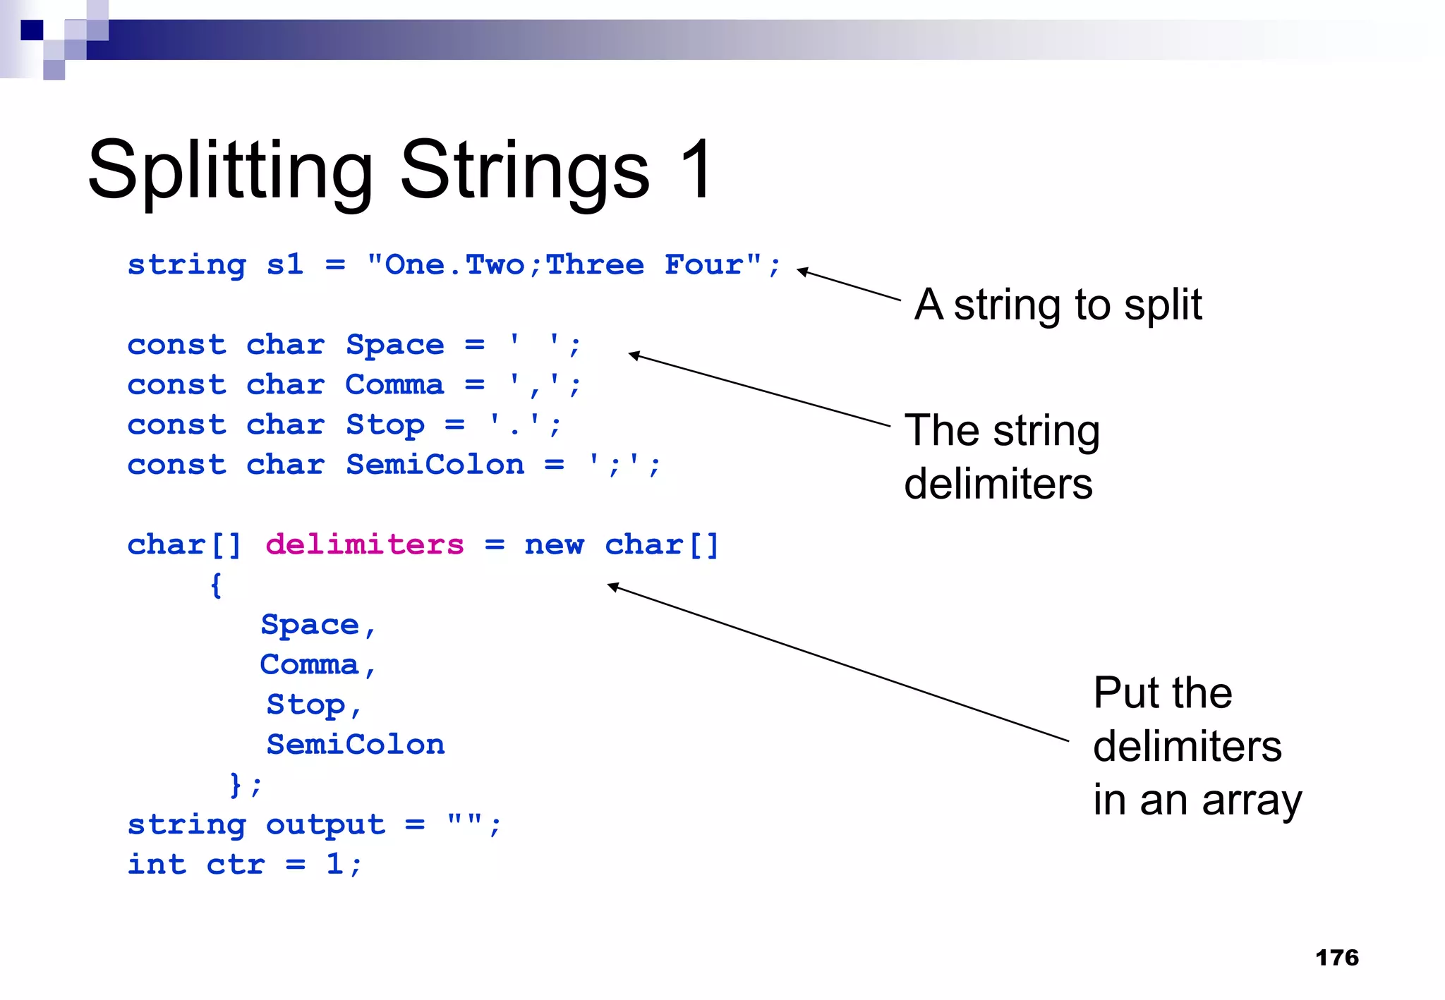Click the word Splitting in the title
pyautogui.click(x=230, y=171)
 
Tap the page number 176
pyautogui.click(x=1336, y=957)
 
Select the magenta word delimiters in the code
pyautogui.click(x=364, y=544)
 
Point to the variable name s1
pyautogui.click(x=284, y=264)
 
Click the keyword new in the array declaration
pyautogui.click(x=554, y=544)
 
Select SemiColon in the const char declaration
pyautogui.click(x=435, y=465)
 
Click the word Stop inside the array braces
pyautogui.click(x=306, y=704)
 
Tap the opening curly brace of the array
pyautogui.click(x=216, y=585)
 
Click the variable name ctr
pyautogui.click(x=236, y=864)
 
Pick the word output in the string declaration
pyautogui.click(x=325, y=824)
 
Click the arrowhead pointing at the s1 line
pyautogui.click(x=802, y=271)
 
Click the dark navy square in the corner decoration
pyautogui.click(x=32, y=30)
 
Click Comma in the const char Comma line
pyautogui.click(x=394, y=385)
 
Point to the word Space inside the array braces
pyautogui.click(x=310, y=624)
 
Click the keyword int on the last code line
pyautogui.click(x=157, y=864)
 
